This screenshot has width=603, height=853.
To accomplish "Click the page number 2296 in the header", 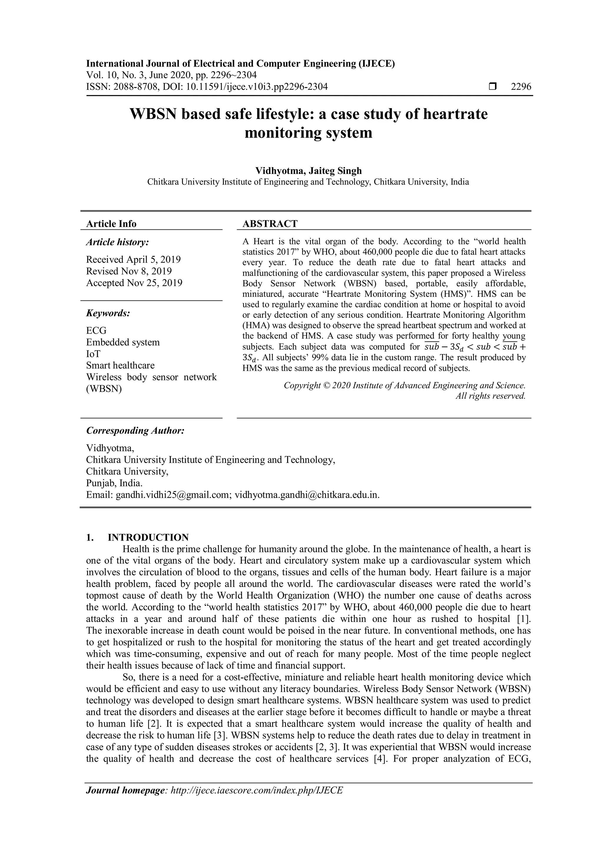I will pos(521,87).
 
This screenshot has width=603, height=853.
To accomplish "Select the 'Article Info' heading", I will pos(111,224).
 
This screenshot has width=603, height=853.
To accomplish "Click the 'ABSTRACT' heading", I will pos(270,224).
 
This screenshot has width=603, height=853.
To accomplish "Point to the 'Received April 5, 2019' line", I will pos(133,259).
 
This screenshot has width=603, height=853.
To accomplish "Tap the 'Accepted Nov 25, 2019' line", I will pos(134,283).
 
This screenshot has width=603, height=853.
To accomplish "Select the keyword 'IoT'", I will pos(93,354).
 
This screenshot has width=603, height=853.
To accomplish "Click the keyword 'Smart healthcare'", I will pos(120,366).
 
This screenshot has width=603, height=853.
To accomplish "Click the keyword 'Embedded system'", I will pos(123,342).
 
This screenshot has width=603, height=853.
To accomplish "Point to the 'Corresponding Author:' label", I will pos(135,431).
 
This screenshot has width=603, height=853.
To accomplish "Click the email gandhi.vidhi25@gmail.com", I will pos(174,495).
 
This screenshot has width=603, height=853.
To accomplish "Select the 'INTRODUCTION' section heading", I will pos(148,538).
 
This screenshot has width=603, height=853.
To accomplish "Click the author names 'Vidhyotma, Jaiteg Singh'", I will pos(308,171).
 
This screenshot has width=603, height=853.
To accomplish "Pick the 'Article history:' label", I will pos(117,242).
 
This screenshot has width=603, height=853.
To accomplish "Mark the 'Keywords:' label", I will pos(108,313).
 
